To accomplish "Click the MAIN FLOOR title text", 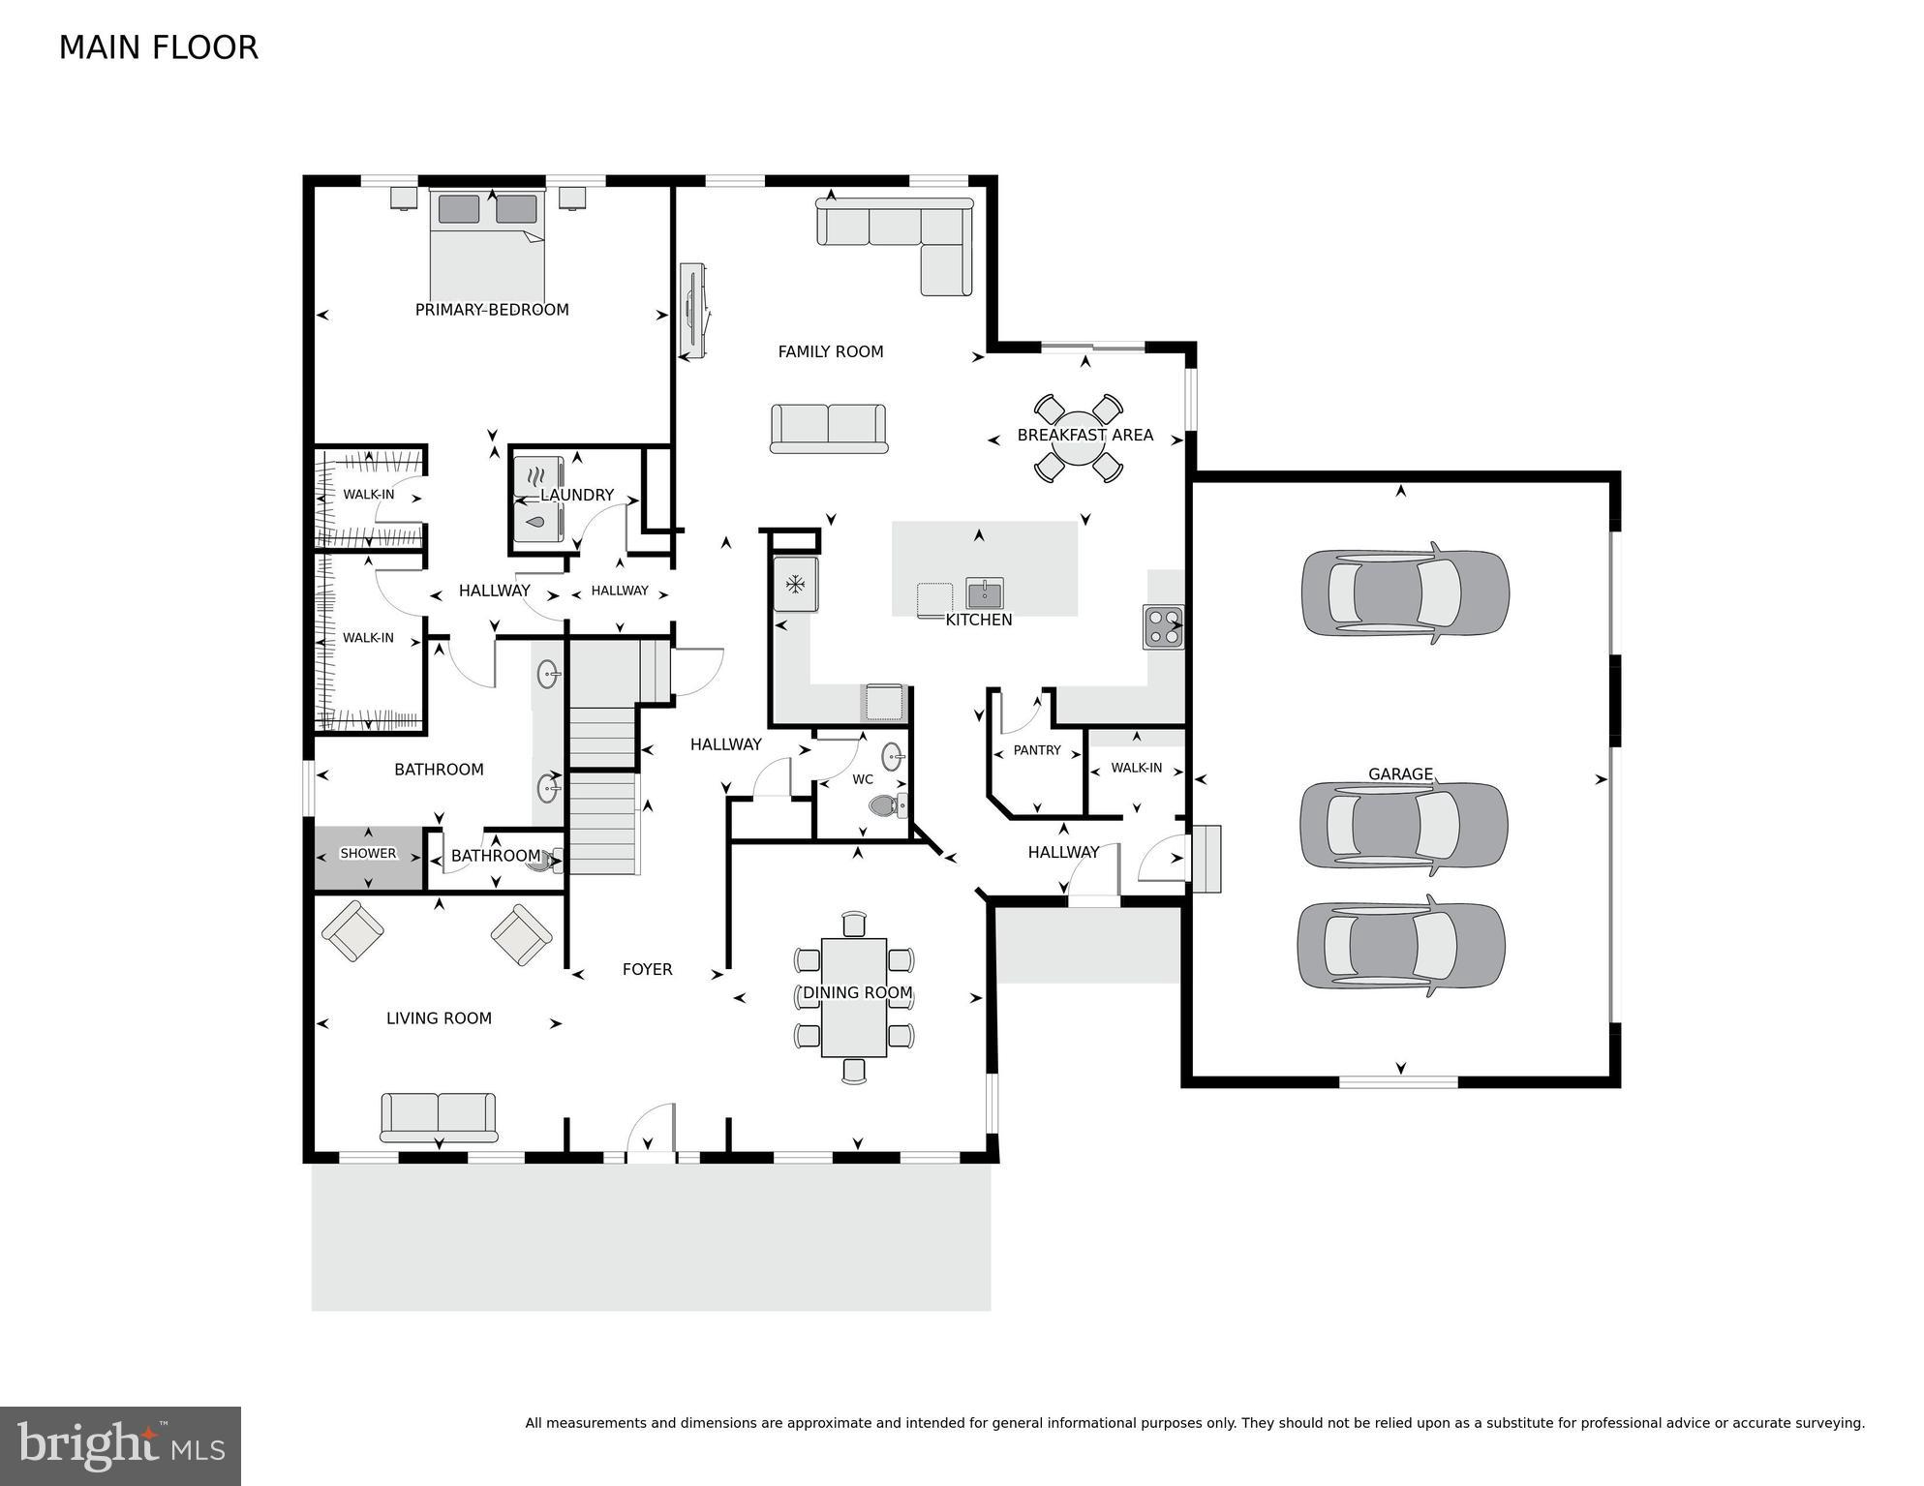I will point(158,47).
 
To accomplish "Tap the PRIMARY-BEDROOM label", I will point(492,310).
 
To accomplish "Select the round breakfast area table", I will point(1079,438).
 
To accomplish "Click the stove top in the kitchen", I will point(1162,626).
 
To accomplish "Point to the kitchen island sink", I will point(984,592).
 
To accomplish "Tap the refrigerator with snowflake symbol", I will point(795,584).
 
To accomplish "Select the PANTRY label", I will point(1037,750).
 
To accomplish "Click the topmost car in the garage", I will point(1404,592).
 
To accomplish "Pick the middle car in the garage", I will point(1402,824).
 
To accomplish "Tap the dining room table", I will point(854,997).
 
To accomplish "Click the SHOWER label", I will point(368,854).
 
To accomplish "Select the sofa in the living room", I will point(439,1117).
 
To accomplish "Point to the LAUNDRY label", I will point(577,495).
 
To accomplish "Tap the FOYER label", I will point(647,969).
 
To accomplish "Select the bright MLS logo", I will point(120,1445).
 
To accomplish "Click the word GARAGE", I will point(1400,773).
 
